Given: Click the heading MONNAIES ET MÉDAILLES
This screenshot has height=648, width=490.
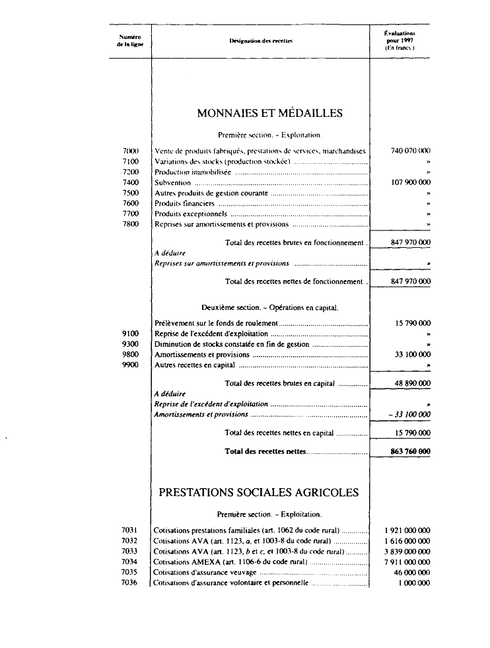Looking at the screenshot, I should coord(269,114).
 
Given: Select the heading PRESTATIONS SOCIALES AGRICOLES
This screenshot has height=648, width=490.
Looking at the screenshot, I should coord(259,493).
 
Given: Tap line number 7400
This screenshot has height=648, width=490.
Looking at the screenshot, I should coord(130,182).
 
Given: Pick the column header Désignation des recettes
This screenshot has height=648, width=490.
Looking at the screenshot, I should coord(261,41).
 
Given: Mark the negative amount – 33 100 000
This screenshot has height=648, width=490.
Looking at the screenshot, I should coord(409,415).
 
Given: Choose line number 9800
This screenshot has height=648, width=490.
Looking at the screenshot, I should coord(130,355).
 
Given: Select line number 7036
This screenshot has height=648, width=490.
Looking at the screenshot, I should coord(130,583).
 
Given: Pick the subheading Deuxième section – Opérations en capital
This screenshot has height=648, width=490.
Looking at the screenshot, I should coord(269,308).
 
